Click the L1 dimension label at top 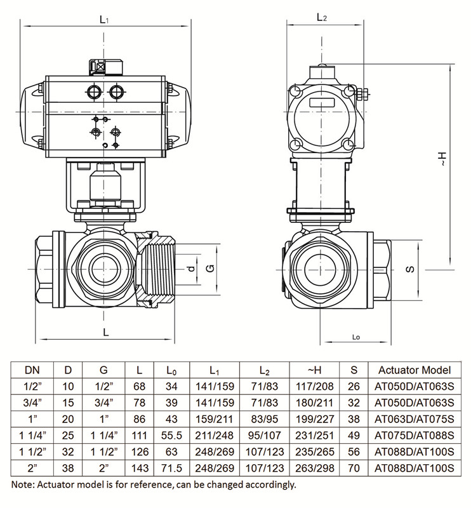click(x=104, y=20)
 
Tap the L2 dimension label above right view click(x=321, y=18)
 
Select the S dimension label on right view click(x=411, y=268)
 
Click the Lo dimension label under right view click(x=355, y=337)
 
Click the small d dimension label click(x=192, y=268)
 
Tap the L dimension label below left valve click(x=105, y=331)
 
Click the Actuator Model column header click(x=414, y=370)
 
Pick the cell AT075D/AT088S click(x=414, y=436)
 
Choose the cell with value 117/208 click(x=314, y=387)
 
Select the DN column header click(x=30, y=370)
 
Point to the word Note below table click(x=23, y=485)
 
